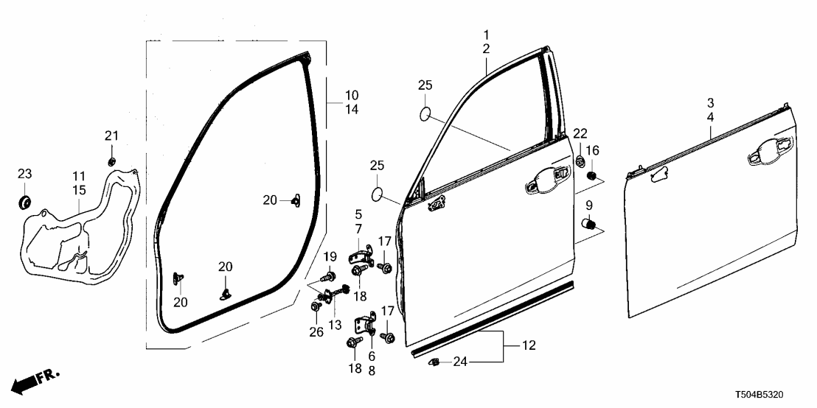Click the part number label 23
pyautogui.click(x=25, y=175)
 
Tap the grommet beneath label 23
pyautogui.click(x=25, y=201)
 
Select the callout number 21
pyautogui.click(x=111, y=136)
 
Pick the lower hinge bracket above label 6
pyautogui.click(x=366, y=326)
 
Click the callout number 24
pyautogui.click(x=461, y=361)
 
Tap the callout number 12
pyautogui.click(x=529, y=345)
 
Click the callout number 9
pyautogui.click(x=589, y=204)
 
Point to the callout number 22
pyautogui.click(x=581, y=133)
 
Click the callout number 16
pyautogui.click(x=592, y=151)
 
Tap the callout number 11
pyautogui.click(x=79, y=177)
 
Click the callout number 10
pyautogui.click(x=352, y=96)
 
